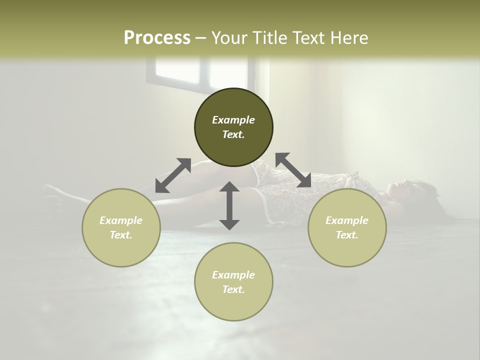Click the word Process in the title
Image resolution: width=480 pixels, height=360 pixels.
click(157, 38)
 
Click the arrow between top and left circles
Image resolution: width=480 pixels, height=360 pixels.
click(173, 175)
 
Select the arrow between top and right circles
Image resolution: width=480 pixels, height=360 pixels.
click(293, 170)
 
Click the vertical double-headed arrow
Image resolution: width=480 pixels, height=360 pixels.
click(229, 205)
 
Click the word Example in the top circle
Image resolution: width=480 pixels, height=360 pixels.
click(233, 120)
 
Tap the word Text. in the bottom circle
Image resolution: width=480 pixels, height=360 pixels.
click(233, 289)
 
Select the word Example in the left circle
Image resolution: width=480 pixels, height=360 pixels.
click(121, 220)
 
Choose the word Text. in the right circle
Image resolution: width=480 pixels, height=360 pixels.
click(347, 235)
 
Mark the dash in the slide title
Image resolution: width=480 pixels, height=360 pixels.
click(200, 38)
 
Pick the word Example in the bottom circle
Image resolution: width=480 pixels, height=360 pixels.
click(233, 275)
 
